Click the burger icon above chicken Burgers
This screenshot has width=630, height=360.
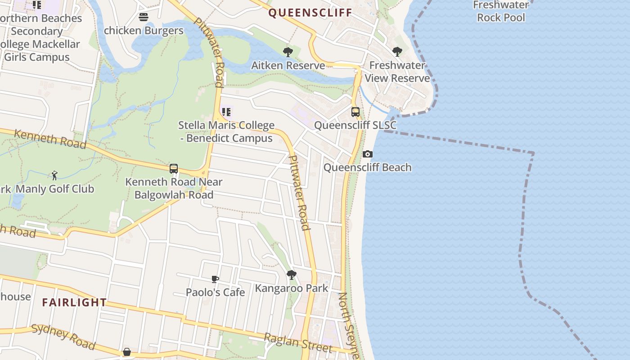pyautogui.click(x=144, y=17)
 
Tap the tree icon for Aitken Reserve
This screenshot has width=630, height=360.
pyautogui.click(x=288, y=52)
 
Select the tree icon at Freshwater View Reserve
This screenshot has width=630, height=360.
pyautogui.click(x=397, y=52)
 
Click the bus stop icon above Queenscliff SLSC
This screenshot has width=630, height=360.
pyautogui.click(x=355, y=112)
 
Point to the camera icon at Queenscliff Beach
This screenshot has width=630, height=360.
pyautogui.click(x=368, y=154)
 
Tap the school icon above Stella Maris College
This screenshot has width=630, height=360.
pyautogui.click(x=226, y=112)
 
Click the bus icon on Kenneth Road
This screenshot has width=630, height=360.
pyautogui.click(x=174, y=169)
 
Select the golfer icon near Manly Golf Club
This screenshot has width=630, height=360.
pyautogui.click(x=54, y=175)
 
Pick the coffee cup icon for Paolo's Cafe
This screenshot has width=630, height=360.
pyautogui.click(x=215, y=279)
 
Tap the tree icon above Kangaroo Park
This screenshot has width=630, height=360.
pyautogui.click(x=292, y=274)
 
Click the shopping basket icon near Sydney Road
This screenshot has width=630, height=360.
pyautogui.click(x=127, y=351)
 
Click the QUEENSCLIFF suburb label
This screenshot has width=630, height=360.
pyautogui.click(x=310, y=13)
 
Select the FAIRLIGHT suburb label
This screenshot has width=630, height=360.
pyautogui.click(x=74, y=302)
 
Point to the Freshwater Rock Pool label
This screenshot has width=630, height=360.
pyautogui.click(x=501, y=11)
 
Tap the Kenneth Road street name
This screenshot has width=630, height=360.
pyautogui.click(x=50, y=139)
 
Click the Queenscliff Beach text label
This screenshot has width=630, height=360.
pyautogui.click(x=368, y=167)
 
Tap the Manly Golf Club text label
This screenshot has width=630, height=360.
pyautogui.click(x=55, y=189)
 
